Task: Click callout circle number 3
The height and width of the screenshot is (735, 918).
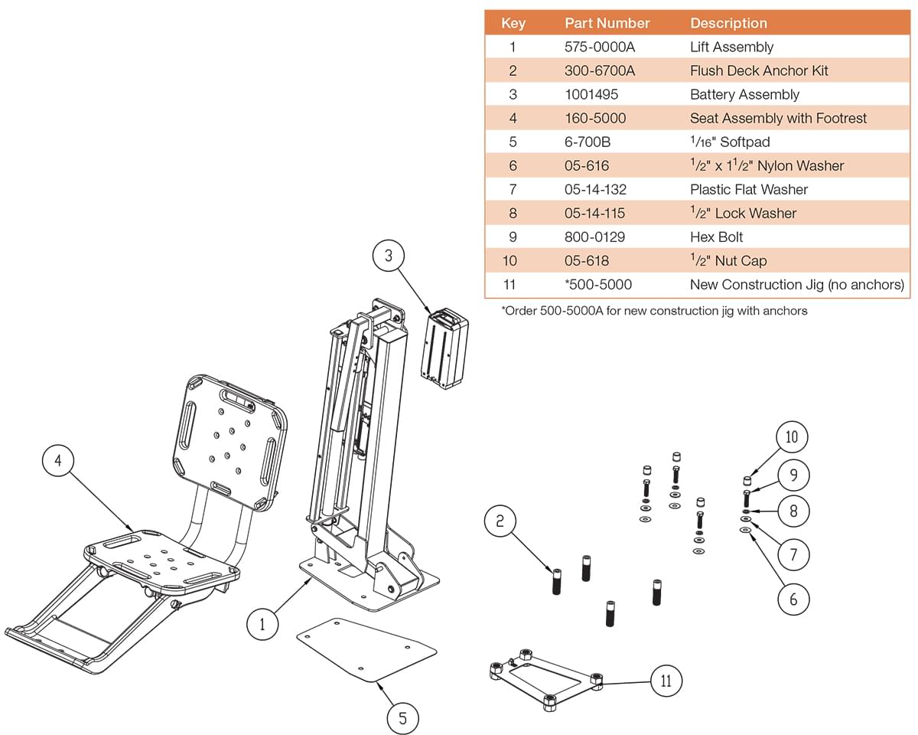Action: [389, 256]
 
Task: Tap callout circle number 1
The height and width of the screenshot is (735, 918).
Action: [262, 624]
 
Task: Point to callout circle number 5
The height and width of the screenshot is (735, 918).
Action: [402, 717]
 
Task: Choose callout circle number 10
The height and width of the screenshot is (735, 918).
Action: [792, 436]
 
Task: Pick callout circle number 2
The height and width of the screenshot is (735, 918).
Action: [500, 521]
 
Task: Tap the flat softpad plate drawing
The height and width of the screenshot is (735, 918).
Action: [366, 649]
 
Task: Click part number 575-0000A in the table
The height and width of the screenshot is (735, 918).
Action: [599, 47]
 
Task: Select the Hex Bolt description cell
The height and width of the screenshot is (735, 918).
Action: [716, 237]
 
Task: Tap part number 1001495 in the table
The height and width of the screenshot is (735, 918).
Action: [591, 94]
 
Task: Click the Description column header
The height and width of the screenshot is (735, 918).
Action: [728, 23]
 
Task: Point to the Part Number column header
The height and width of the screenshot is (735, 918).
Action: [607, 23]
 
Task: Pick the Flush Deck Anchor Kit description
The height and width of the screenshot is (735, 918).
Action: [758, 70]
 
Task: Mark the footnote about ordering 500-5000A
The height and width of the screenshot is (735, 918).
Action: [653, 311]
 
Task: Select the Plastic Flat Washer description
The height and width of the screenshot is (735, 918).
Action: [748, 189]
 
